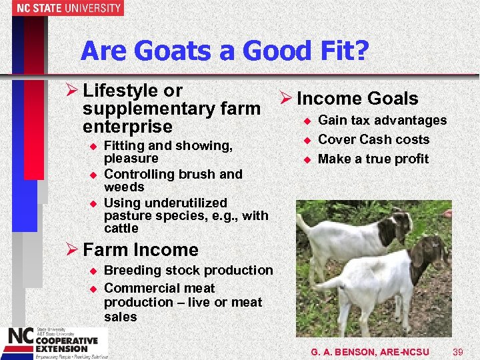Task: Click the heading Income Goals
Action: pyautogui.click(x=357, y=99)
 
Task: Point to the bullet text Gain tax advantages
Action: pyautogui.click(x=382, y=120)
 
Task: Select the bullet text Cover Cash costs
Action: pyautogui.click(x=373, y=139)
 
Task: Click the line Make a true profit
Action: pyautogui.click(x=373, y=159)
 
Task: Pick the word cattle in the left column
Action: pyautogui.click(x=121, y=228)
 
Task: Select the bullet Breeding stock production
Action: pyautogui.click(x=189, y=270)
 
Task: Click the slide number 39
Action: pyautogui.click(x=457, y=351)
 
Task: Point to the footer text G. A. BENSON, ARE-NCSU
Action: pyautogui.click(x=370, y=351)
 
